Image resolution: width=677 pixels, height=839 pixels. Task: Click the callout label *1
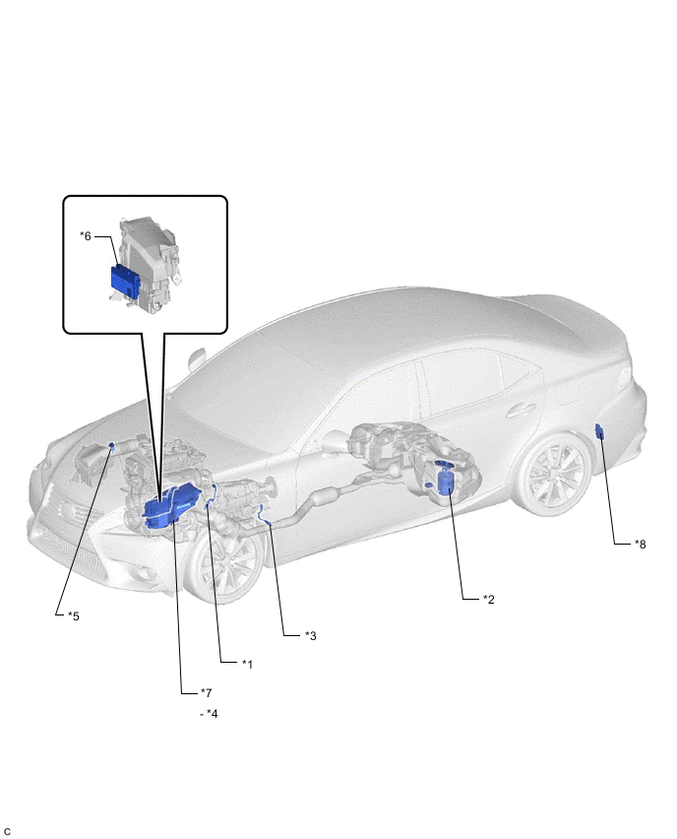(247, 664)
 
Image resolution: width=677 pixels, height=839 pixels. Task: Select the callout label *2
(489, 600)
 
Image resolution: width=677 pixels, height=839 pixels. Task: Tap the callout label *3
(311, 636)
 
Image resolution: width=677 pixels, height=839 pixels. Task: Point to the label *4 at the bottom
(212, 714)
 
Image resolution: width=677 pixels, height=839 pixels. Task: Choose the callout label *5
(73, 615)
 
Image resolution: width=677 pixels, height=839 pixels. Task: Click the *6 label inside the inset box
(86, 236)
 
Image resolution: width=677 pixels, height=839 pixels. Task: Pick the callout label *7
(207, 693)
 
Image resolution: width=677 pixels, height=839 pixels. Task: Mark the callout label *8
(641, 545)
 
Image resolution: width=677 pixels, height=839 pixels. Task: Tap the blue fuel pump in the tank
(445, 478)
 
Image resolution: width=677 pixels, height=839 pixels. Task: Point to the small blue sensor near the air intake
(112, 447)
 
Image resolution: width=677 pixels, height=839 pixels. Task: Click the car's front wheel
(224, 564)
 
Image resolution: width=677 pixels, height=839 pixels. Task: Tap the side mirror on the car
(196, 359)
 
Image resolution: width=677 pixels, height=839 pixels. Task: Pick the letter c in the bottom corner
(7, 831)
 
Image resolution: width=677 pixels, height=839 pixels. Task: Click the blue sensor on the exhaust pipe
(264, 513)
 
